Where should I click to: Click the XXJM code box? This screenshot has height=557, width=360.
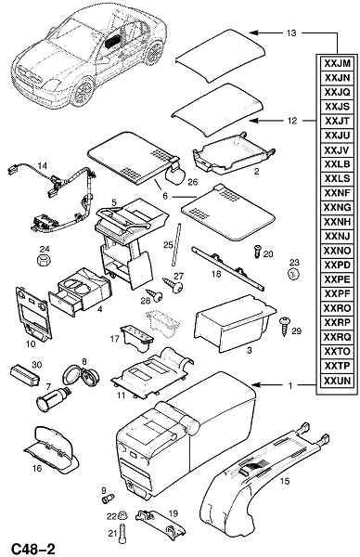(337, 63)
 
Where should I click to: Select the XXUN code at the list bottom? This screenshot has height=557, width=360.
(337, 381)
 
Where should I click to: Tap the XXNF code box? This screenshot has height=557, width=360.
(337, 193)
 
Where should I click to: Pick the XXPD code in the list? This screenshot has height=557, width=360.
(337, 266)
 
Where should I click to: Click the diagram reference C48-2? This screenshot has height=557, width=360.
(33, 549)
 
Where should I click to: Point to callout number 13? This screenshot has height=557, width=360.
(291, 33)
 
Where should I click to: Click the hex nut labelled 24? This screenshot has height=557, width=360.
(44, 260)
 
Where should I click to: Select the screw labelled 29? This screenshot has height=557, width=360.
(285, 326)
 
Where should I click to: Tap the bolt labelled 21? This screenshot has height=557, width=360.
(122, 534)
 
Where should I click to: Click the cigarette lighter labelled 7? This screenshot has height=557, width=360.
(54, 399)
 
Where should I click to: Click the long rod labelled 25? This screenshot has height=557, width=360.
(176, 244)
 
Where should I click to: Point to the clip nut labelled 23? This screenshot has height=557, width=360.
(293, 275)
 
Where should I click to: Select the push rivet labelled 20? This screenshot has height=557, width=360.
(258, 252)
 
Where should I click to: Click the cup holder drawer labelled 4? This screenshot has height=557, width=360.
(80, 291)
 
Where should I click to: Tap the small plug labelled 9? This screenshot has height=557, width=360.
(108, 498)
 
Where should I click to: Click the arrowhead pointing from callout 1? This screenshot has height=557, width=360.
(254, 384)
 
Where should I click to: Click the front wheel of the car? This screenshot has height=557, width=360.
(84, 93)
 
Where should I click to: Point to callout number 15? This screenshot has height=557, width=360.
(285, 481)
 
